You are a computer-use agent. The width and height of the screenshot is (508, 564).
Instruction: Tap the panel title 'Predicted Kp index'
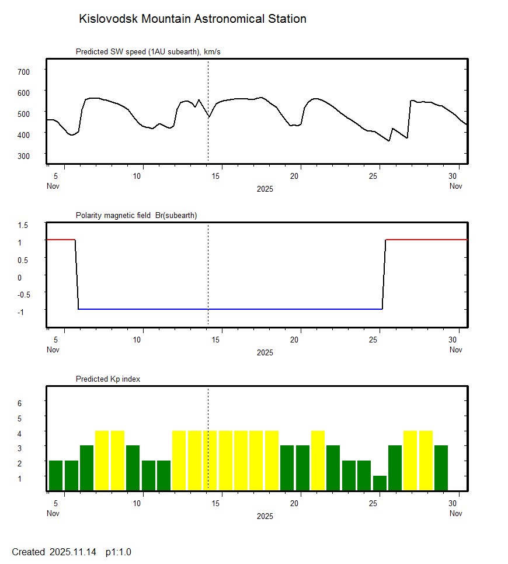tap(108, 379)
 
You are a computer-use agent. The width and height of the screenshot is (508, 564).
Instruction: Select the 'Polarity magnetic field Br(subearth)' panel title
tap(136, 215)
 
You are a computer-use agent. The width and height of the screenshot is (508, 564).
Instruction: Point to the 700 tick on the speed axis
tap(23, 71)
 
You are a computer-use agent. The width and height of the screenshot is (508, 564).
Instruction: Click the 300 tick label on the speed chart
tap(23, 155)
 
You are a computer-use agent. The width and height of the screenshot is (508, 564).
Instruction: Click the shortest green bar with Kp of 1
tap(380, 483)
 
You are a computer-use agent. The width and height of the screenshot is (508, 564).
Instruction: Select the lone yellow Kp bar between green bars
tap(318, 461)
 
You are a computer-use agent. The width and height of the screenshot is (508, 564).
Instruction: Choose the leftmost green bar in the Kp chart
tap(55, 476)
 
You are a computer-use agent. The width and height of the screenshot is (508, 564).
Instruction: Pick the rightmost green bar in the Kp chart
tap(441, 468)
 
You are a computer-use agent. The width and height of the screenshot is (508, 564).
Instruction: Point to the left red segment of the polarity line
tap(61, 240)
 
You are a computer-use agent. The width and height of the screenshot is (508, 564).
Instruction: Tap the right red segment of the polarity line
tap(426, 240)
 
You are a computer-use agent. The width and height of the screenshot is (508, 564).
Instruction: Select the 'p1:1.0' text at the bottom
tap(119, 552)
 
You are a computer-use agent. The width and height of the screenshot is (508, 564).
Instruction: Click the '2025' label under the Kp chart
tap(265, 516)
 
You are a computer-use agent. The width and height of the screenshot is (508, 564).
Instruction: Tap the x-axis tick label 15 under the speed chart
tap(217, 176)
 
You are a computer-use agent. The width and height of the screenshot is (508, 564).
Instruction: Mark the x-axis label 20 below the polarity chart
tap(299, 340)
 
